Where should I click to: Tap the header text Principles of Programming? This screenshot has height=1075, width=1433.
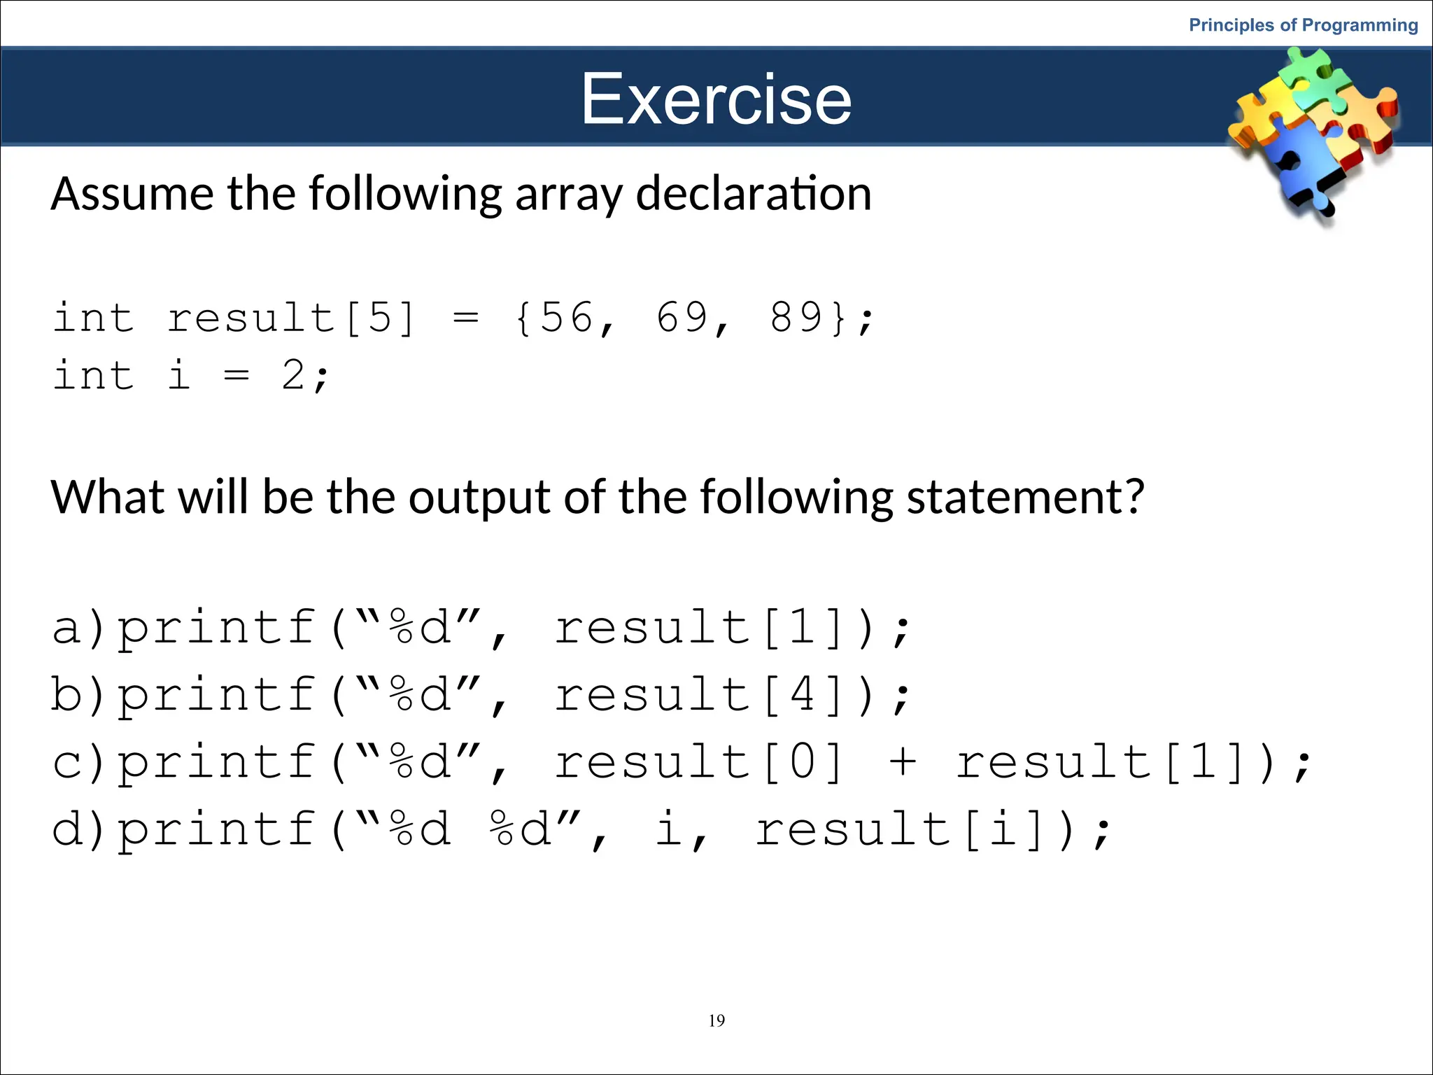click(1303, 25)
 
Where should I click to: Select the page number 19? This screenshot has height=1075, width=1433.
click(716, 1020)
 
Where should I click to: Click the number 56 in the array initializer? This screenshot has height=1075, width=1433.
click(566, 317)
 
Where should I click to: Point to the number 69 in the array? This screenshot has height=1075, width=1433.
click(682, 317)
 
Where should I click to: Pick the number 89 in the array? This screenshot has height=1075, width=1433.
click(796, 317)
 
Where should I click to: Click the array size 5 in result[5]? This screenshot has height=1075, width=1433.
click(380, 317)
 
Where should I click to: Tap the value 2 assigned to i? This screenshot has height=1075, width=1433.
click(293, 374)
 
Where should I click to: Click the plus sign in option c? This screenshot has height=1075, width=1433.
click(903, 761)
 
